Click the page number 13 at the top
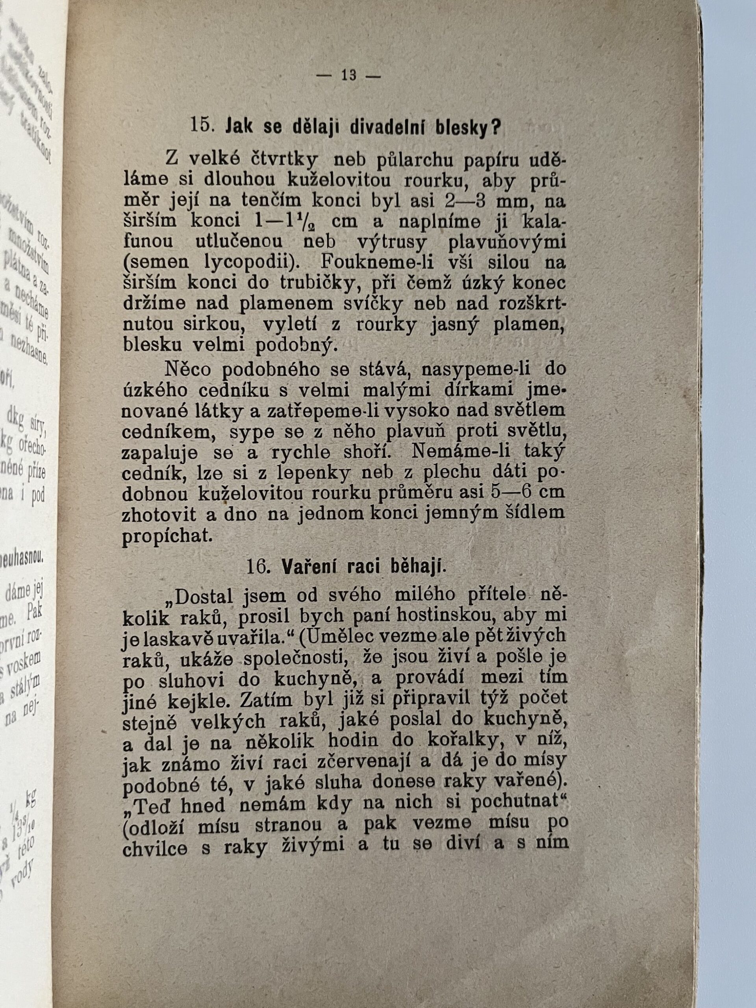coord(348,75)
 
